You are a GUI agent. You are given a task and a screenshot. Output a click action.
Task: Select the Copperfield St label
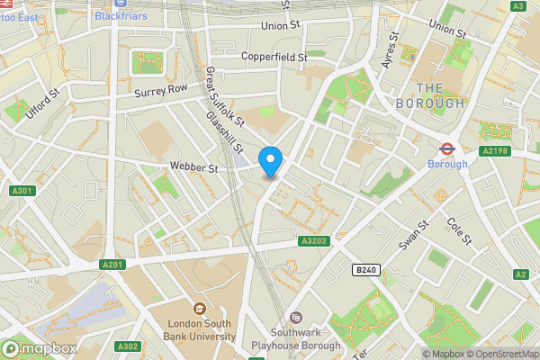pyautogui.click(x=274, y=57)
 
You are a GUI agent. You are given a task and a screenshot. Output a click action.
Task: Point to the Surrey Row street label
pyautogui.click(x=160, y=89)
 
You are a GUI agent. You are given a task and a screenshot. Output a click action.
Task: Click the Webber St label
pyautogui.click(x=194, y=168)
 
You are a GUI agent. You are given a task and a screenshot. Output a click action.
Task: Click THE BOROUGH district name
pyautogui.click(x=441, y=95)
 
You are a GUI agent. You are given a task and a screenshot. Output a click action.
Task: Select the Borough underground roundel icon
pyautogui.click(x=445, y=149)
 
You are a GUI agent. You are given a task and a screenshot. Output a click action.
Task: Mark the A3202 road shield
pyautogui.click(x=313, y=241)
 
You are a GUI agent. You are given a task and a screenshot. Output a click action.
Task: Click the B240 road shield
pyautogui.click(x=364, y=270)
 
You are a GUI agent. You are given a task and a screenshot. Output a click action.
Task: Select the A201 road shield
pyautogui.click(x=112, y=264)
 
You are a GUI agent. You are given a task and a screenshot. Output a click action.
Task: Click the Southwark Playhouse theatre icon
pyautogui.click(x=297, y=317)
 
